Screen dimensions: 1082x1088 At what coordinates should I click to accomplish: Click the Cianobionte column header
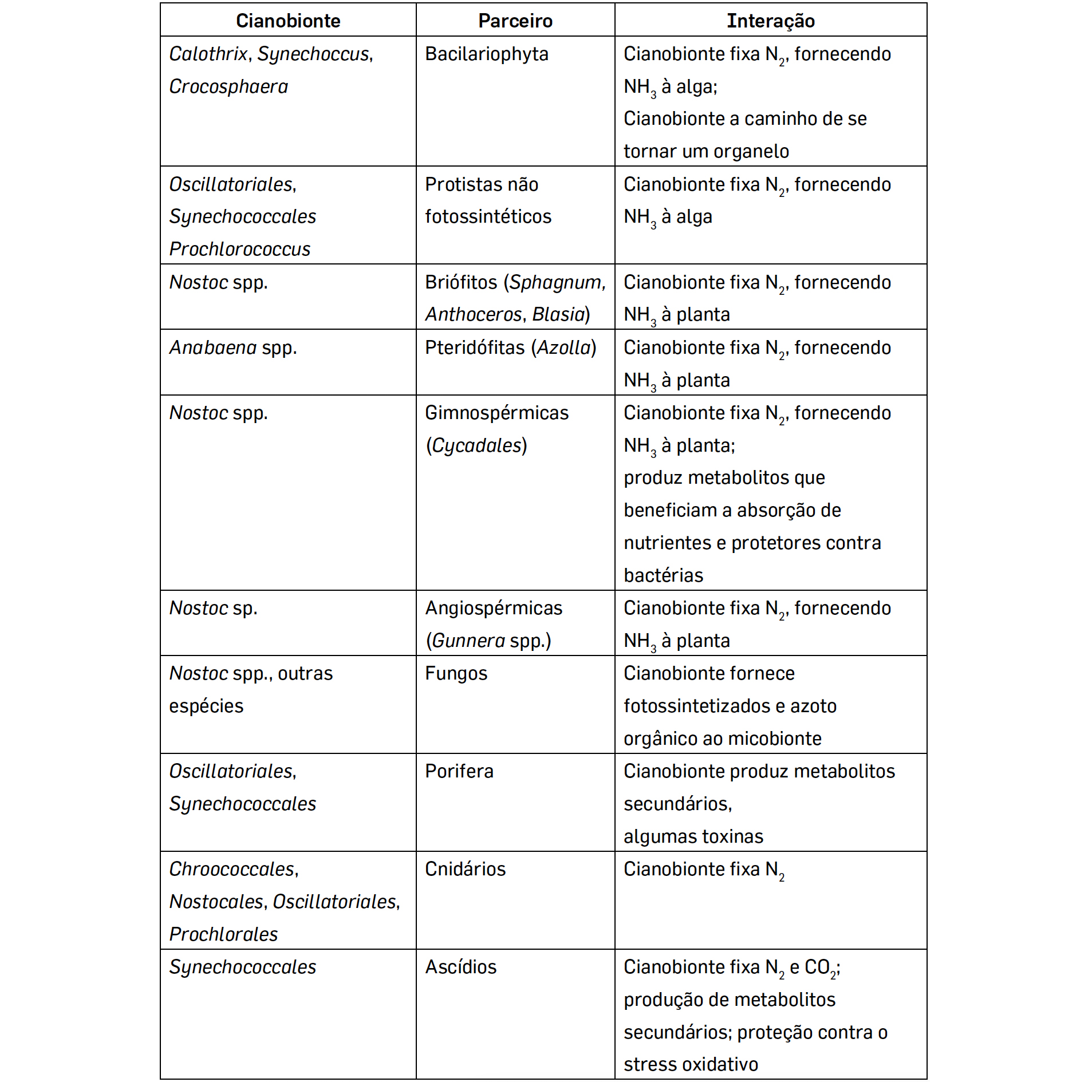point(288,21)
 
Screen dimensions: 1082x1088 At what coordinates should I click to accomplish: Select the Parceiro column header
point(515,21)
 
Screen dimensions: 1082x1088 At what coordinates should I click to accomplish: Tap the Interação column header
point(771,21)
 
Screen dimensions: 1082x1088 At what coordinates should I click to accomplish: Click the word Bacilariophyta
point(487,54)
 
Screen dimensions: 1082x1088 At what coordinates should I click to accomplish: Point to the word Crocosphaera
point(228,87)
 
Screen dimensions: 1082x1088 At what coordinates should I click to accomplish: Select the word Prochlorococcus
point(240,250)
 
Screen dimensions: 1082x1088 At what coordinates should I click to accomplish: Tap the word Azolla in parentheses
point(563,348)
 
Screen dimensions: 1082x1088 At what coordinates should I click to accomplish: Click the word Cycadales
point(476,446)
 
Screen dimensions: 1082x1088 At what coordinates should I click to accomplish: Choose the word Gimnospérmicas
point(496,413)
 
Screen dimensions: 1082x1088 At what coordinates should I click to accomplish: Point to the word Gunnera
point(468,641)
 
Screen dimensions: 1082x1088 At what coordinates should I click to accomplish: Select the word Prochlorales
point(223,935)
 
